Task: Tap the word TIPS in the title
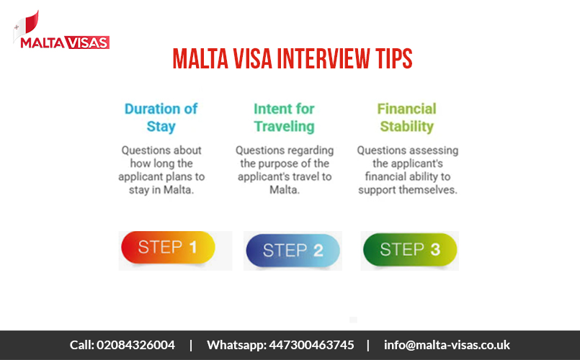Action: coord(389,59)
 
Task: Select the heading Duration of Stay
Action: coord(161,117)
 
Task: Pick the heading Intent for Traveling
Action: coord(284,117)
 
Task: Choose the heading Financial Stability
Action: coord(406,117)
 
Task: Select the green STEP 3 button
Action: coord(409,250)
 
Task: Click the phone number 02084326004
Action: coord(135,345)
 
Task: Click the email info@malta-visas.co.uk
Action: coord(447,345)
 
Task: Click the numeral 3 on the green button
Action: coord(434,250)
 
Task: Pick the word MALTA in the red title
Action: coord(198,59)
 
